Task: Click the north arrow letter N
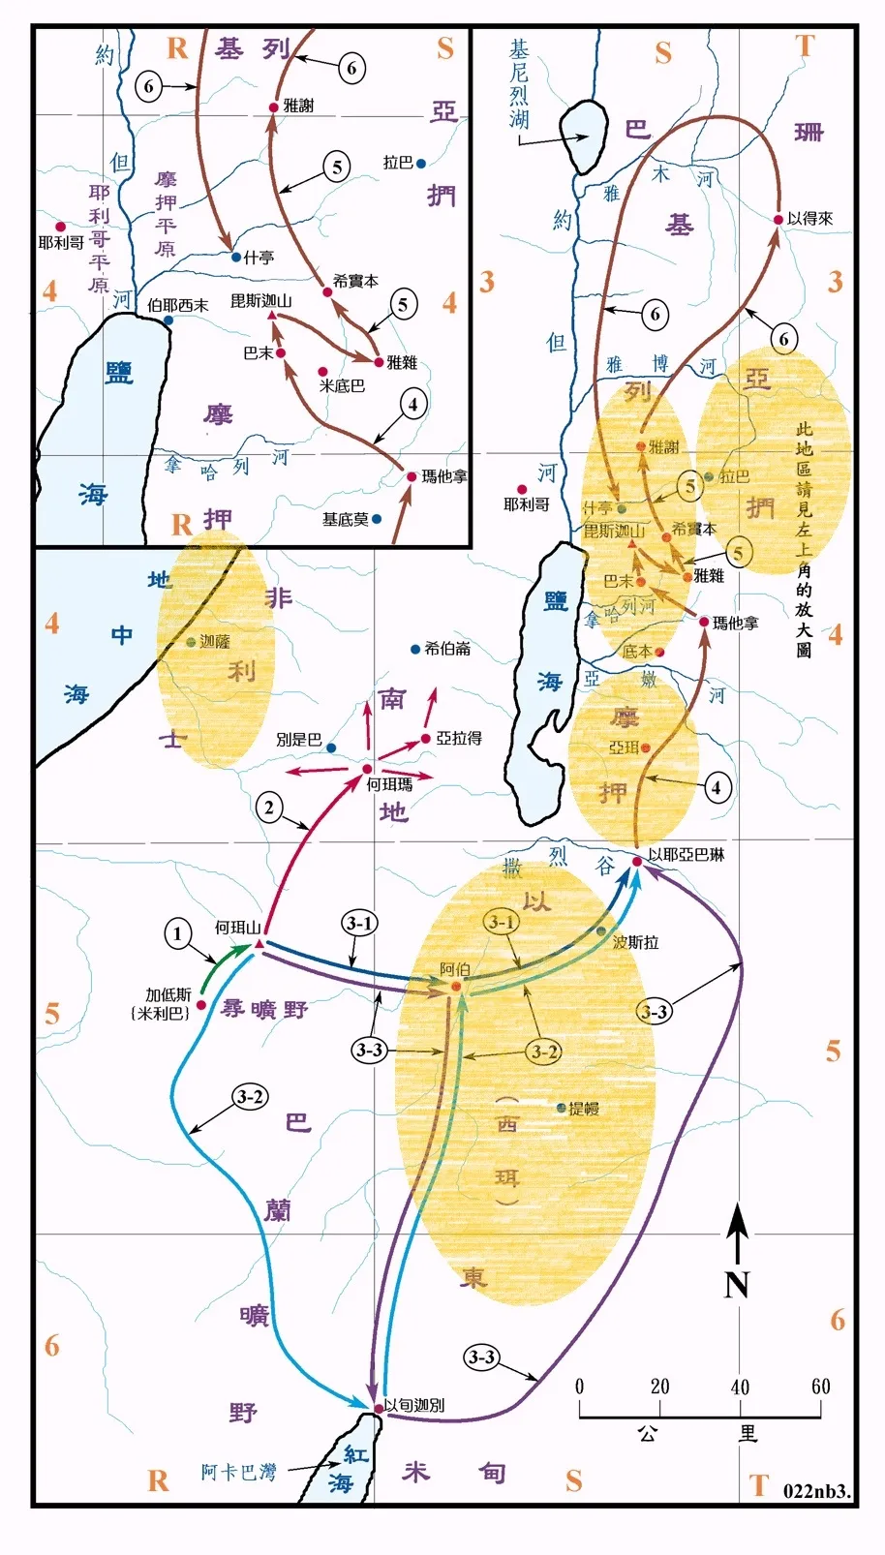pyautogui.click(x=737, y=1284)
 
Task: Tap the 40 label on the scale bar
pyautogui.click(x=740, y=1387)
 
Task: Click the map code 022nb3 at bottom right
pyautogui.click(x=816, y=1491)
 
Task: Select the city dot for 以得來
pyautogui.click(x=778, y=220)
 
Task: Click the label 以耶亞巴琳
pyautogui.click(x=686, y=854)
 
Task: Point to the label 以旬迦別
pyautogui.click(x=414, y=1405)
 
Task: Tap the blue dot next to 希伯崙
pyautogui.click(x=415, y=649)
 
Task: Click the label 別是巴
pyautogui.click(x=298, y=739)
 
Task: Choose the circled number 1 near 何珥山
pyautogui.click(x=177, y=934)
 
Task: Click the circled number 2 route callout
pyautogui.click(x=269, y=808)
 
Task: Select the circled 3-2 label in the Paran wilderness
pyautogui.click(x=250, y=1096)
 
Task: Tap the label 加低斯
pyautogui.click(x=168, y=995)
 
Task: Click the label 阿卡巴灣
pyautogui.click(x=238, y=1472)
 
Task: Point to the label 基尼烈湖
pyautogui.click(x=520, y=84)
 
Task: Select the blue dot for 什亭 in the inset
pyautogui.click(x=236, y=258)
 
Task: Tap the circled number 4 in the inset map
pyautogui.click(x=413, y=404)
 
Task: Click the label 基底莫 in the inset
pyautogui.click(x=345, y=520)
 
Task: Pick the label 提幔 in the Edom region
pyautogui.click(x=584, y=1109)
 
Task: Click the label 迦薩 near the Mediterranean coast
pyautogui.click(x=214, y=642)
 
